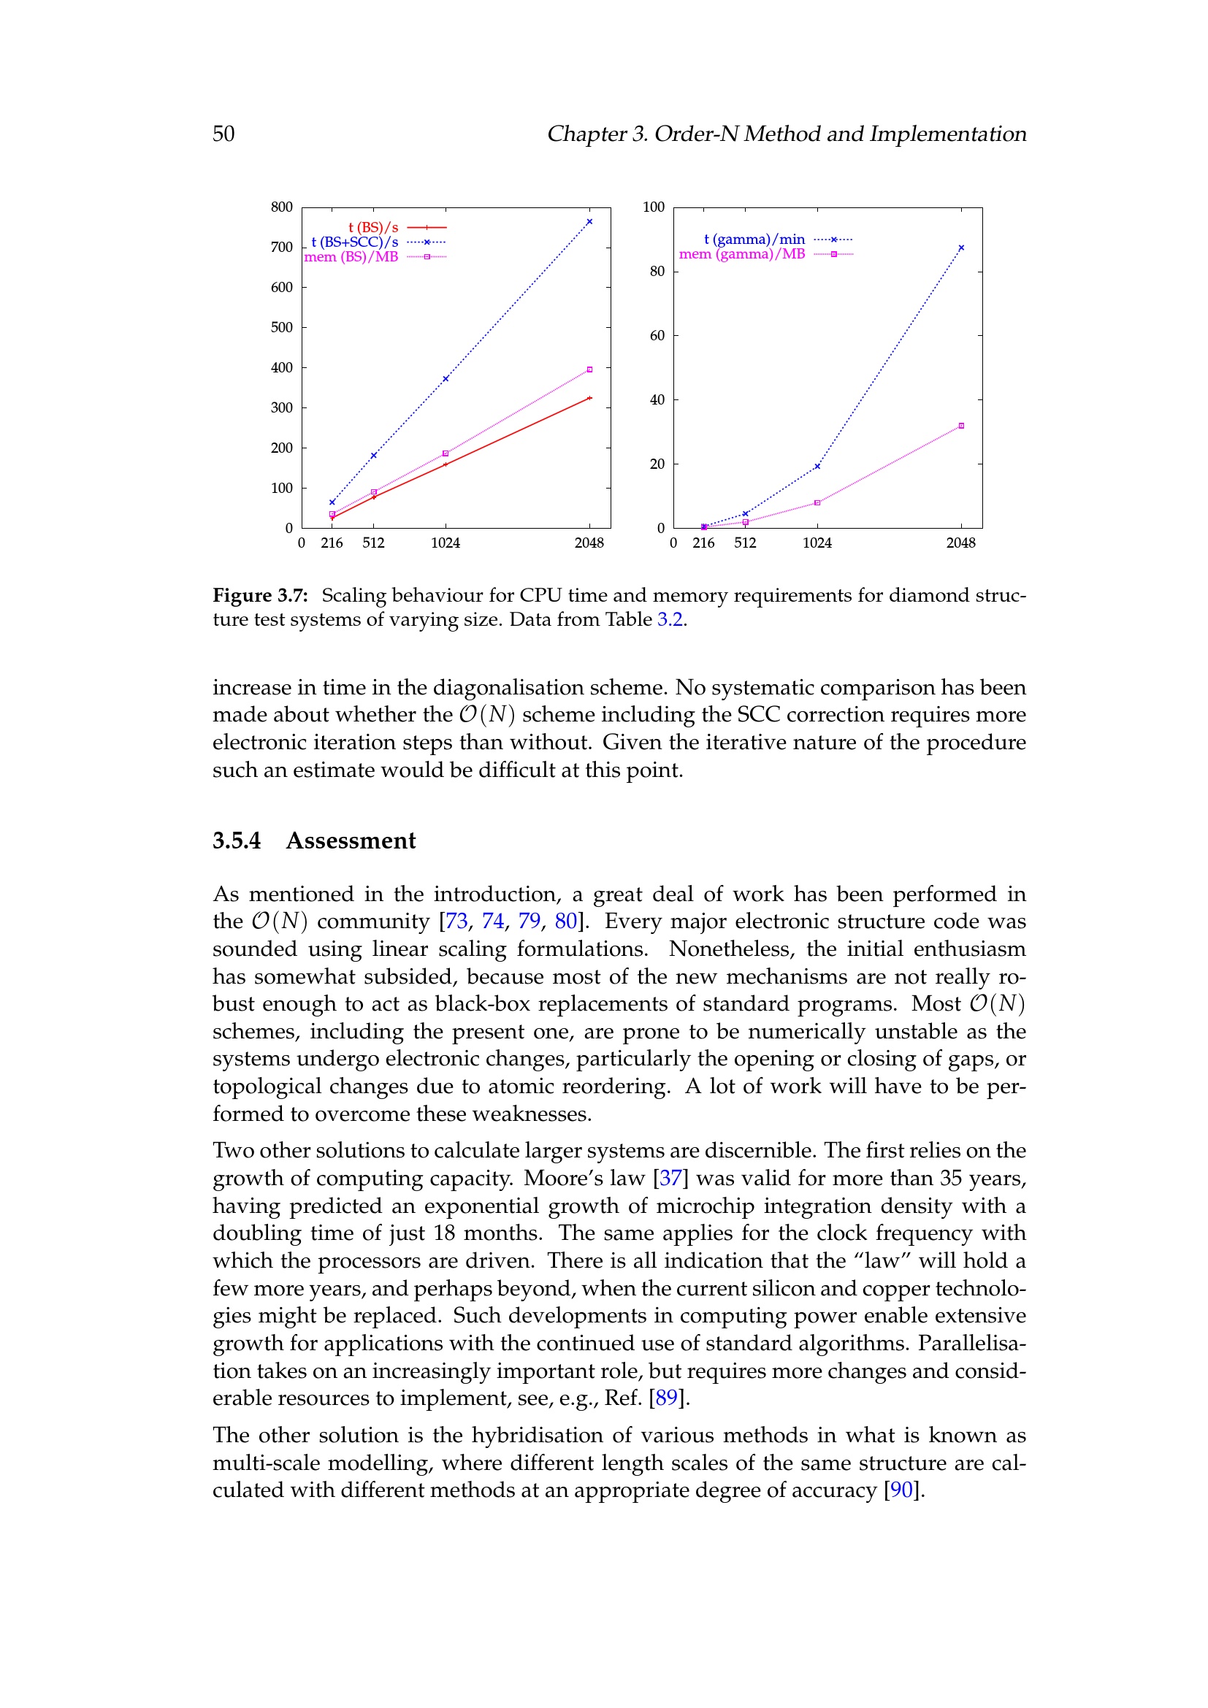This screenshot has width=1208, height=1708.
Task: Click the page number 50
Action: tap(223, 134)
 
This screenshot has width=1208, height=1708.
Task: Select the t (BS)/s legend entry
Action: tap(373, 228)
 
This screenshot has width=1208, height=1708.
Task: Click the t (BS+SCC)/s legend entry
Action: tap(355, 242)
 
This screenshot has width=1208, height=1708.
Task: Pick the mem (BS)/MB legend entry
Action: tap(351, 257)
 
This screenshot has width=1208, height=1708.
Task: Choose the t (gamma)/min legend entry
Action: tap(754, 240)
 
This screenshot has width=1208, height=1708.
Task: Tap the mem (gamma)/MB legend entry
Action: tap(741, 254)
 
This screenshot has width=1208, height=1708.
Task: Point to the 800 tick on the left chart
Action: tap(282, 207)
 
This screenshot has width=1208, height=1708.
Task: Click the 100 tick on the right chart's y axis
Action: tap(654, 207)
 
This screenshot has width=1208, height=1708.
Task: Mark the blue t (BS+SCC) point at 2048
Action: tap(589, 222)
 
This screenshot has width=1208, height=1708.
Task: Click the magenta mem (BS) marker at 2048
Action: tap(589, 369)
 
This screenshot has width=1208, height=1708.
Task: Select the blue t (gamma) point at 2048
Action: tap(961, 248)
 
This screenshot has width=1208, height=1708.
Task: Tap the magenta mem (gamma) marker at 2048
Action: tap(961, 426)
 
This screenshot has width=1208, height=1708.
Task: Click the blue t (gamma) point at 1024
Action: tap(817, 467)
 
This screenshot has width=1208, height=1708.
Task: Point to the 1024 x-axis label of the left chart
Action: tap(446, 543)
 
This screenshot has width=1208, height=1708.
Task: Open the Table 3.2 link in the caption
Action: tap(670, 620)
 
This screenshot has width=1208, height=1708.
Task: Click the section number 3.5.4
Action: tap(237, 840)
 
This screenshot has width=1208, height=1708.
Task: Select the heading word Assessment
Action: tap(351, 840)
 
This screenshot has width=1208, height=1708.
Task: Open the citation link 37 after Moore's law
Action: tap(670, 1179)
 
